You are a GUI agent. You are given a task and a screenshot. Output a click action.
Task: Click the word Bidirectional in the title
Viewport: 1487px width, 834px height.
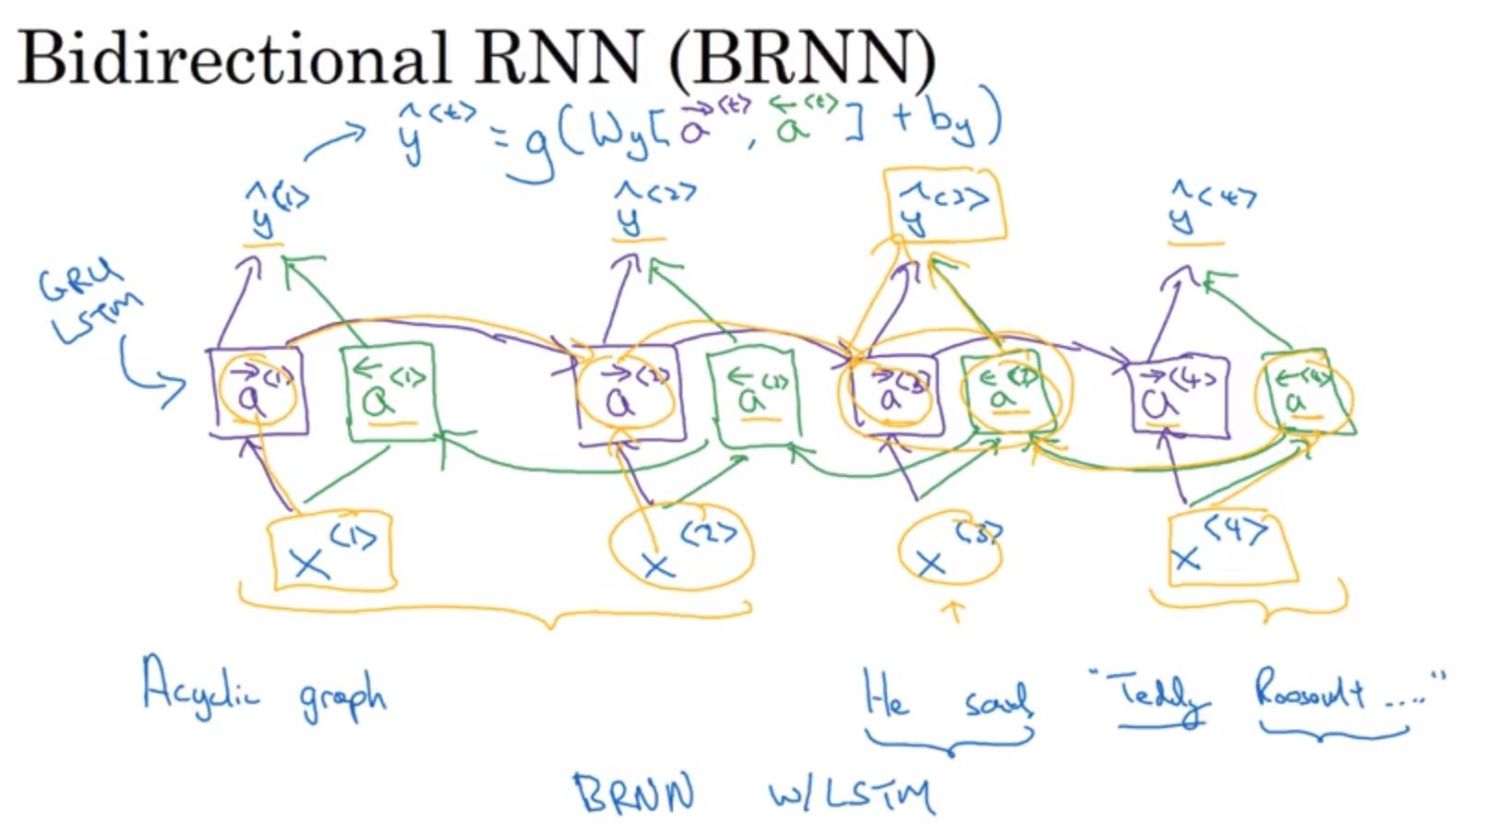coord(233,57)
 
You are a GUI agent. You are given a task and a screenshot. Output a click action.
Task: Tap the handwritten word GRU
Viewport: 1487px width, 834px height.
coord(79,280)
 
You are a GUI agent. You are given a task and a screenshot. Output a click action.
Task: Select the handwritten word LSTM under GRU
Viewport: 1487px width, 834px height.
coord(97,318)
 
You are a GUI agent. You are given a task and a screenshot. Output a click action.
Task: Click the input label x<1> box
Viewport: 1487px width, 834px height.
coord(331,552)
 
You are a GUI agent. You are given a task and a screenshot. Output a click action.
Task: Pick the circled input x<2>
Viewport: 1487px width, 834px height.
coord(681,548)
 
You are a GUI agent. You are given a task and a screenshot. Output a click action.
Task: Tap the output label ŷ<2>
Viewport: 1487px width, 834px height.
coord(651,209)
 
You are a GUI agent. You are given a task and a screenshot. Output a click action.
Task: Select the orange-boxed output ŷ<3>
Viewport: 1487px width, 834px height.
coord(943,207)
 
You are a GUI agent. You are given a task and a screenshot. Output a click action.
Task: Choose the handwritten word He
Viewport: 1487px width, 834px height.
coord(885,694)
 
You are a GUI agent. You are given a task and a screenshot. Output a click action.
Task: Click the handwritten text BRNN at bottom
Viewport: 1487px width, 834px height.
coord(634,793)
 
